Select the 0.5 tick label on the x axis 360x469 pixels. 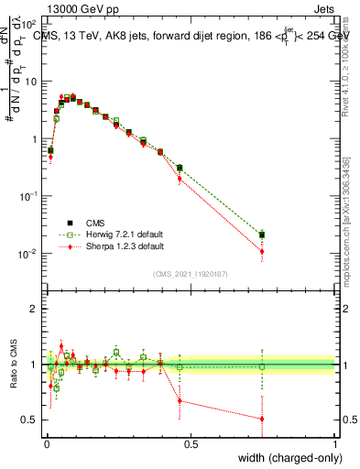pyautogui.click(x=191, y=444)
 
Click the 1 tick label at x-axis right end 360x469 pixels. pyautogui.click(x=334, y=444)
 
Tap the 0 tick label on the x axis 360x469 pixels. pyautogui.click(x=47, y=444)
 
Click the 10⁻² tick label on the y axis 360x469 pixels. pyautogui.click(x=27, y=254)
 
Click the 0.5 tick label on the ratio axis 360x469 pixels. pyautogui.click(x=29, y=420)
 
